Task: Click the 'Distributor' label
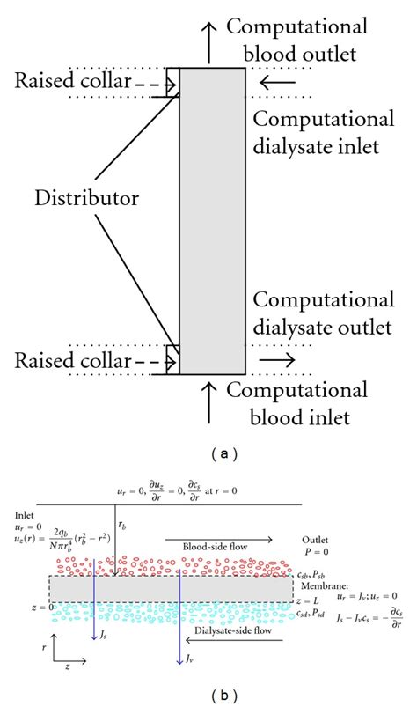(x=87, y=199)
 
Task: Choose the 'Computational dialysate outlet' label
(x=317, y=315)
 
